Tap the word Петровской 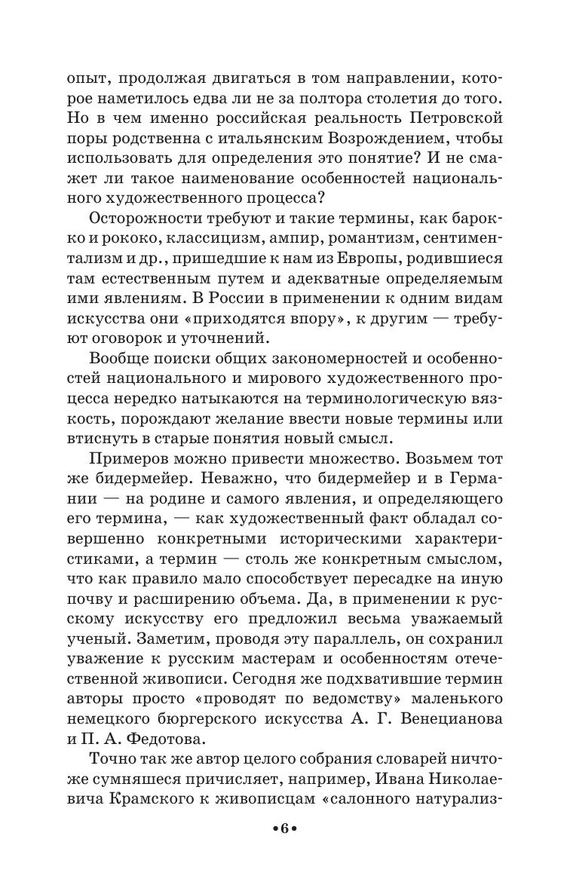439,119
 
